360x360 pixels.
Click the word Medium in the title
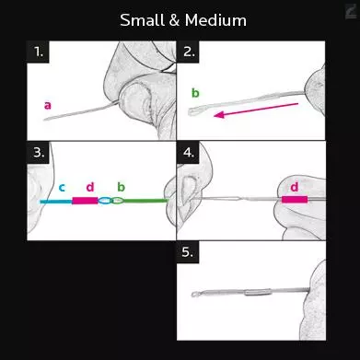click(215, 20)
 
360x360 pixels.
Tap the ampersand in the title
click(174, 20)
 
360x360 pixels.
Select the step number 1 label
click(39, 52)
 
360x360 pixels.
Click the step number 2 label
click(189, 52)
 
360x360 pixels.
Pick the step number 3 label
click(39, 152)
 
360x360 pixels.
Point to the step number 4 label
click(189, 152)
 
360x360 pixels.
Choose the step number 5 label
click(188, 252)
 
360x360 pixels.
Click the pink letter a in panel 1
click(48, 106)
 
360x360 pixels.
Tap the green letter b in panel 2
click(195, 93)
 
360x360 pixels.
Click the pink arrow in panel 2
click(256, 110)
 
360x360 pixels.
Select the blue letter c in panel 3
click(62, 187)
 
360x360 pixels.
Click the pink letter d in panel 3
click(90, 187)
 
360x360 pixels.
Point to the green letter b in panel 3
click(122, 187)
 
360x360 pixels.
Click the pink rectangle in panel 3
click(85, 201)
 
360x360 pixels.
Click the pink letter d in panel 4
click(294, 187)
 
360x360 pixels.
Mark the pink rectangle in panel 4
click(295, 200)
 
